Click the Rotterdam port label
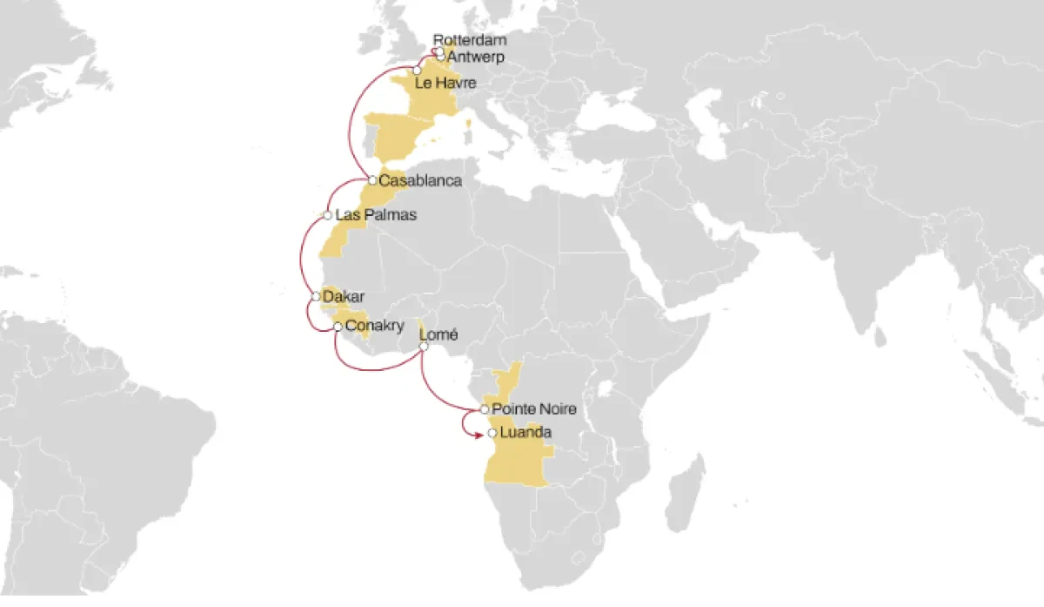click(470, 40)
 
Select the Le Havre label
click(447, 84)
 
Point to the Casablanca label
click(419, 180)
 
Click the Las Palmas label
click(376, 214)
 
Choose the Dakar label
click(343, 297)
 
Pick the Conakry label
click(375, 327)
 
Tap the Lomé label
click(438, 334)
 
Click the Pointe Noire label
click(534, 408)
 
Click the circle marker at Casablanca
click(372, 180)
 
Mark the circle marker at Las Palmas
click(326, 215)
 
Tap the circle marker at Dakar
click(316, 297)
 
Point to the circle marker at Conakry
click(338, 327)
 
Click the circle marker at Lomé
click(424, 347)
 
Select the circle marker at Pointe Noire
click(485, 408)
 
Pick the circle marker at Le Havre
click(418, 69)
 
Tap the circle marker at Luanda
click(492, 433)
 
